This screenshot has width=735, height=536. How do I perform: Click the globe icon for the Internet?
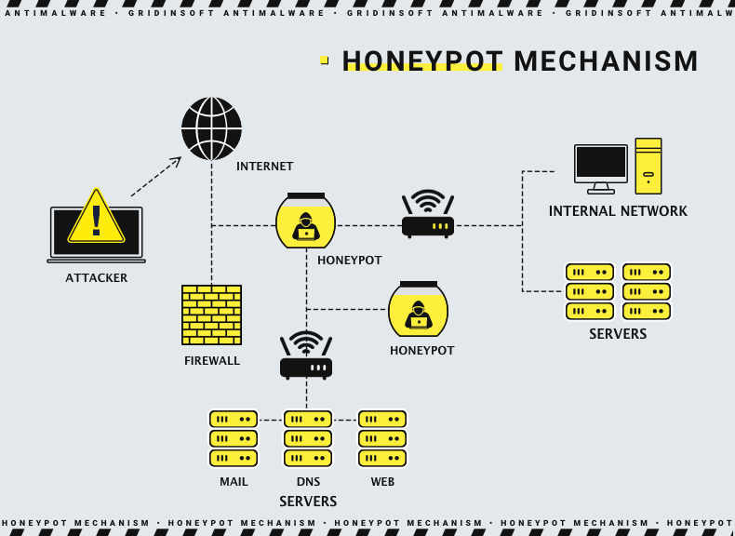click(211, 128)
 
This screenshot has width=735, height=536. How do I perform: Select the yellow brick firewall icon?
click(211, 315)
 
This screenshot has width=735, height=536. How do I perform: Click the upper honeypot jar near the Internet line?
click(305, 221)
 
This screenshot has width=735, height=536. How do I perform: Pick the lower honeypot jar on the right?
click(418, 310)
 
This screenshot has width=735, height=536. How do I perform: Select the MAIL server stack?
click(234, 438)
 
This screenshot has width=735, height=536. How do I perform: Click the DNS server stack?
click(308, 438)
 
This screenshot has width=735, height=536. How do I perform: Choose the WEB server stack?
click(382, 438)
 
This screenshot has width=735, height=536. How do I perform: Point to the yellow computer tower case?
click(648, 166)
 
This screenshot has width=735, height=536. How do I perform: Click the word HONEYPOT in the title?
click(422, 61)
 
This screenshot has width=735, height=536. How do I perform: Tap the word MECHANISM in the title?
click(606, 61)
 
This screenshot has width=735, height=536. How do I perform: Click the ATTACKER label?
click(97, 277)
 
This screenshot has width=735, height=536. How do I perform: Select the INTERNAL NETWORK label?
click(618, 211)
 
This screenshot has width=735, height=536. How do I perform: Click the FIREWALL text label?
click(212, 360)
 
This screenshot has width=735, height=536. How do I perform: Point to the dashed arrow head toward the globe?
click(176, 161)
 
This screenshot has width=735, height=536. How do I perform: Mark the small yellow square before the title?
click(324, 60)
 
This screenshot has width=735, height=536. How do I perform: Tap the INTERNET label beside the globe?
click(264, 167)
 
